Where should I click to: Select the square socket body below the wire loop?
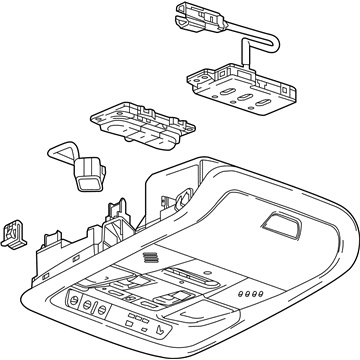(88, 171)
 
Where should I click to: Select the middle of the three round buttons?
(89, 305)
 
